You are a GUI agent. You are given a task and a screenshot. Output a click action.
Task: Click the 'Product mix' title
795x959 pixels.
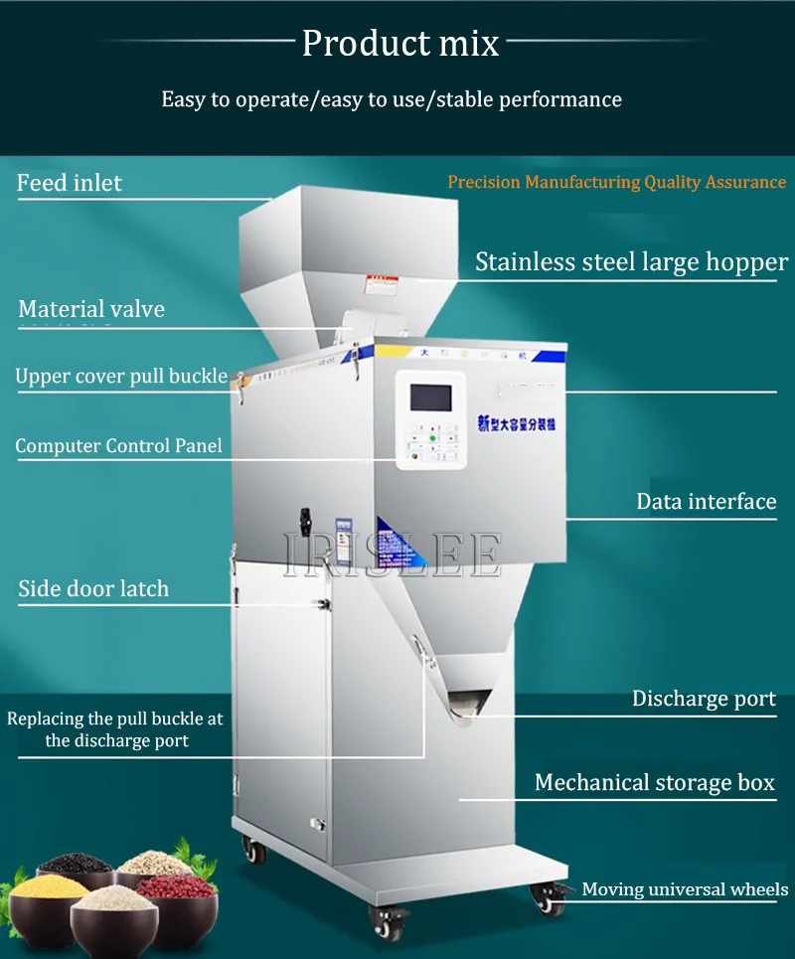[399, 44]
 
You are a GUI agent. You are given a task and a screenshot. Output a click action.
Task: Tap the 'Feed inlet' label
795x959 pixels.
[70, 183]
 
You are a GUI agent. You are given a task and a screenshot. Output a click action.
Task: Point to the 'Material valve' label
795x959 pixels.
[91, 309]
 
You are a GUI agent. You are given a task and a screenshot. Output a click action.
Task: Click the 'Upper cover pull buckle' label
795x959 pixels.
[121, 377]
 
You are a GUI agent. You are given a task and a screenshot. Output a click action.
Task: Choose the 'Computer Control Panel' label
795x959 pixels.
[118, 446]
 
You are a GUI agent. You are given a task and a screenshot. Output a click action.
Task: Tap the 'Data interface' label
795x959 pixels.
[706, 501]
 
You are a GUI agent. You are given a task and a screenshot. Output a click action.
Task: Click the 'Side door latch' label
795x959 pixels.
[93, 588]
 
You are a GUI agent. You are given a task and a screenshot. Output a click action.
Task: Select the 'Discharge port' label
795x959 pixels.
[704, 699]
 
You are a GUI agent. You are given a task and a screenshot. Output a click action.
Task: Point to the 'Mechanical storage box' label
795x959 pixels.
[654, 782]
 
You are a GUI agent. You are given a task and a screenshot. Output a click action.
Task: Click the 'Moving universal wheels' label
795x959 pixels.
[685, 889]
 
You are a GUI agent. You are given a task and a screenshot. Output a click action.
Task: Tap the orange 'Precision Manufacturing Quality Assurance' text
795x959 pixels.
[616, 183]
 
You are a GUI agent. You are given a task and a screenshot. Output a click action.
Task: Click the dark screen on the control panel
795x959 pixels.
[430, 399]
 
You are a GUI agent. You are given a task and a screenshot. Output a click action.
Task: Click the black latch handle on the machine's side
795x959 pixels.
[306, 521]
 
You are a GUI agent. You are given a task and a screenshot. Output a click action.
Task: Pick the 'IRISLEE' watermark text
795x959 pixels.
[392, 555]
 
